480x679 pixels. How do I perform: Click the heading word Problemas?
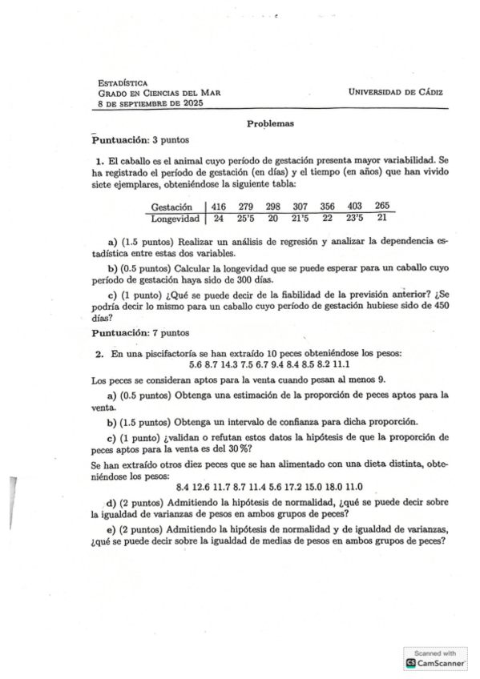point(270,124)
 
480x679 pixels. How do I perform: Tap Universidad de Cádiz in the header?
point(396,93)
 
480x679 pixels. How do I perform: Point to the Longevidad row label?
point(175,217)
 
